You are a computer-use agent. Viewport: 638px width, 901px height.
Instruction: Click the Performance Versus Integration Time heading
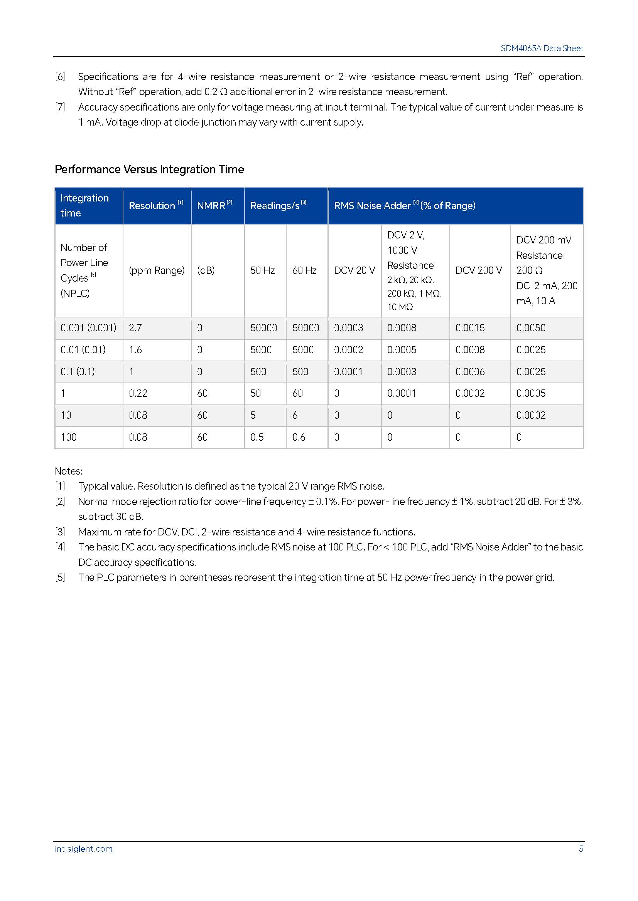(149, 169)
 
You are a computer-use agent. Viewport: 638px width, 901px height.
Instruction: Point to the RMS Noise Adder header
(404, 206)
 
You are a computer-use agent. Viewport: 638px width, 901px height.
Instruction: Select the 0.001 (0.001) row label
(88, 328)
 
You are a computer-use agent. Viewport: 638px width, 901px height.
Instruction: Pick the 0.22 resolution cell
(138, 393)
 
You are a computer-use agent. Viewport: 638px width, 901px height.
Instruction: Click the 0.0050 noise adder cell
(531, 328)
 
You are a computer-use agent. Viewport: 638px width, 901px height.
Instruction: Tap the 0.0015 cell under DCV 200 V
(470, 328)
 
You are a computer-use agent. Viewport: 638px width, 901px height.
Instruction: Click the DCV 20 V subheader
(354, 270)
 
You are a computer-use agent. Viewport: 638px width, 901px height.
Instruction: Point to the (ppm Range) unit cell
(156, 270)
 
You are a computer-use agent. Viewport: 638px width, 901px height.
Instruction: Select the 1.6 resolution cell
(135, 350)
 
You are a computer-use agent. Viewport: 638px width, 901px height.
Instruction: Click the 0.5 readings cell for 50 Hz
(257, 437)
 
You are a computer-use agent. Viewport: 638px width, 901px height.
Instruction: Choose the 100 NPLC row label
(68, 437)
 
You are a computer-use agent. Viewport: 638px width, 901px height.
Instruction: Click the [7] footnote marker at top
(60, 107)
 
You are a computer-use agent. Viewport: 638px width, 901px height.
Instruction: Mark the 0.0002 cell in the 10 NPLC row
(531, 415)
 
